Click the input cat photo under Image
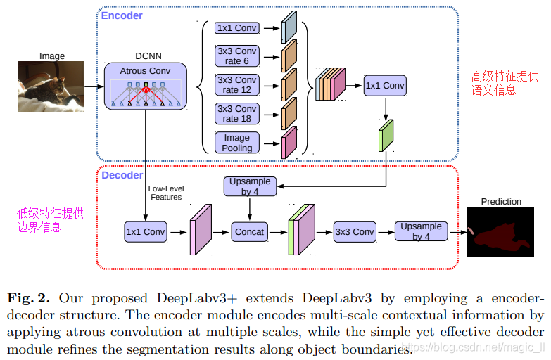click(x=51, y=86)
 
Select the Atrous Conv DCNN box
click(x=146, y=86)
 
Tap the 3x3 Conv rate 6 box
click(x=236, y=56)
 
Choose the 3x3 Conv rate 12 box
click(x=236, y=84)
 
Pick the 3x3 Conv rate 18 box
click(x=236, y=113)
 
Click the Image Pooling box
click(x=236, y=143)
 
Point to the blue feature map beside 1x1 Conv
click(x=289, y=27)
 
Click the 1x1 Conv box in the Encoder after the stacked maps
click(x=385, y=86)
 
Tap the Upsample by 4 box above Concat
click(x=250, y=186)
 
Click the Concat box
click(x=250, y=231)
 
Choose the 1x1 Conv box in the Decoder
click(x=145, y=231)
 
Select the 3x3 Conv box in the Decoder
click(x=354, y=231)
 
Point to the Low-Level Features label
click(x=165, y=193)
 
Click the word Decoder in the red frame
click(x=122, y=175)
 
